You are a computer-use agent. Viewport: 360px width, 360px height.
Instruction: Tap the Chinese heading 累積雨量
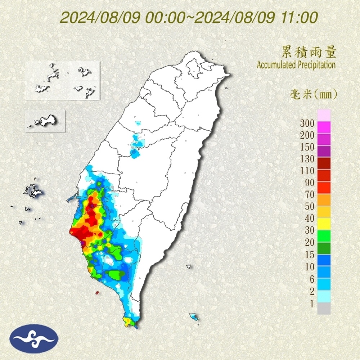pos(309,53)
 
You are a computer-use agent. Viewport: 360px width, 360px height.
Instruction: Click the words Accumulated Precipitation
pos(296,65)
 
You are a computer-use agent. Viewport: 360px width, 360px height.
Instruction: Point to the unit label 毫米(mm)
pos(313,95)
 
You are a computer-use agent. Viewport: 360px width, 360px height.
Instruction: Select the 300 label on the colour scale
pos(307,123)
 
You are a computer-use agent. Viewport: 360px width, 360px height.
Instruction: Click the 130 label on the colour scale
pos(307,159)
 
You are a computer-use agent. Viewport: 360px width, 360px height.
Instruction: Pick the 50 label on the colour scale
pos(309,206)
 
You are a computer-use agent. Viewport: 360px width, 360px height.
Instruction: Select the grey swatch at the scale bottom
pos(324,309)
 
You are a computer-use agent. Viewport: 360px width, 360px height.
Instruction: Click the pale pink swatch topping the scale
pos(324,116)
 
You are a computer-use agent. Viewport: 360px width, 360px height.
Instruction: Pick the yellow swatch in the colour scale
pos(324,224)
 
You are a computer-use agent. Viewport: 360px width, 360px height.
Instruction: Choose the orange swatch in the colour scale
pos(324,200)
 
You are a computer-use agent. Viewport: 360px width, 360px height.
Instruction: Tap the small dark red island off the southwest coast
pos(97,293)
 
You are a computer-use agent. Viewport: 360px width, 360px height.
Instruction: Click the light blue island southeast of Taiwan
pos(194,317)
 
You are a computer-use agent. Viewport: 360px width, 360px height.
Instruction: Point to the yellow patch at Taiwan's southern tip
pos(128,321)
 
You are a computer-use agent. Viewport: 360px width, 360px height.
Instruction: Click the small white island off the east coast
pos(188,267)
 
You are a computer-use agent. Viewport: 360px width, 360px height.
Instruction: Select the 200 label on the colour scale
pos(307,135)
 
